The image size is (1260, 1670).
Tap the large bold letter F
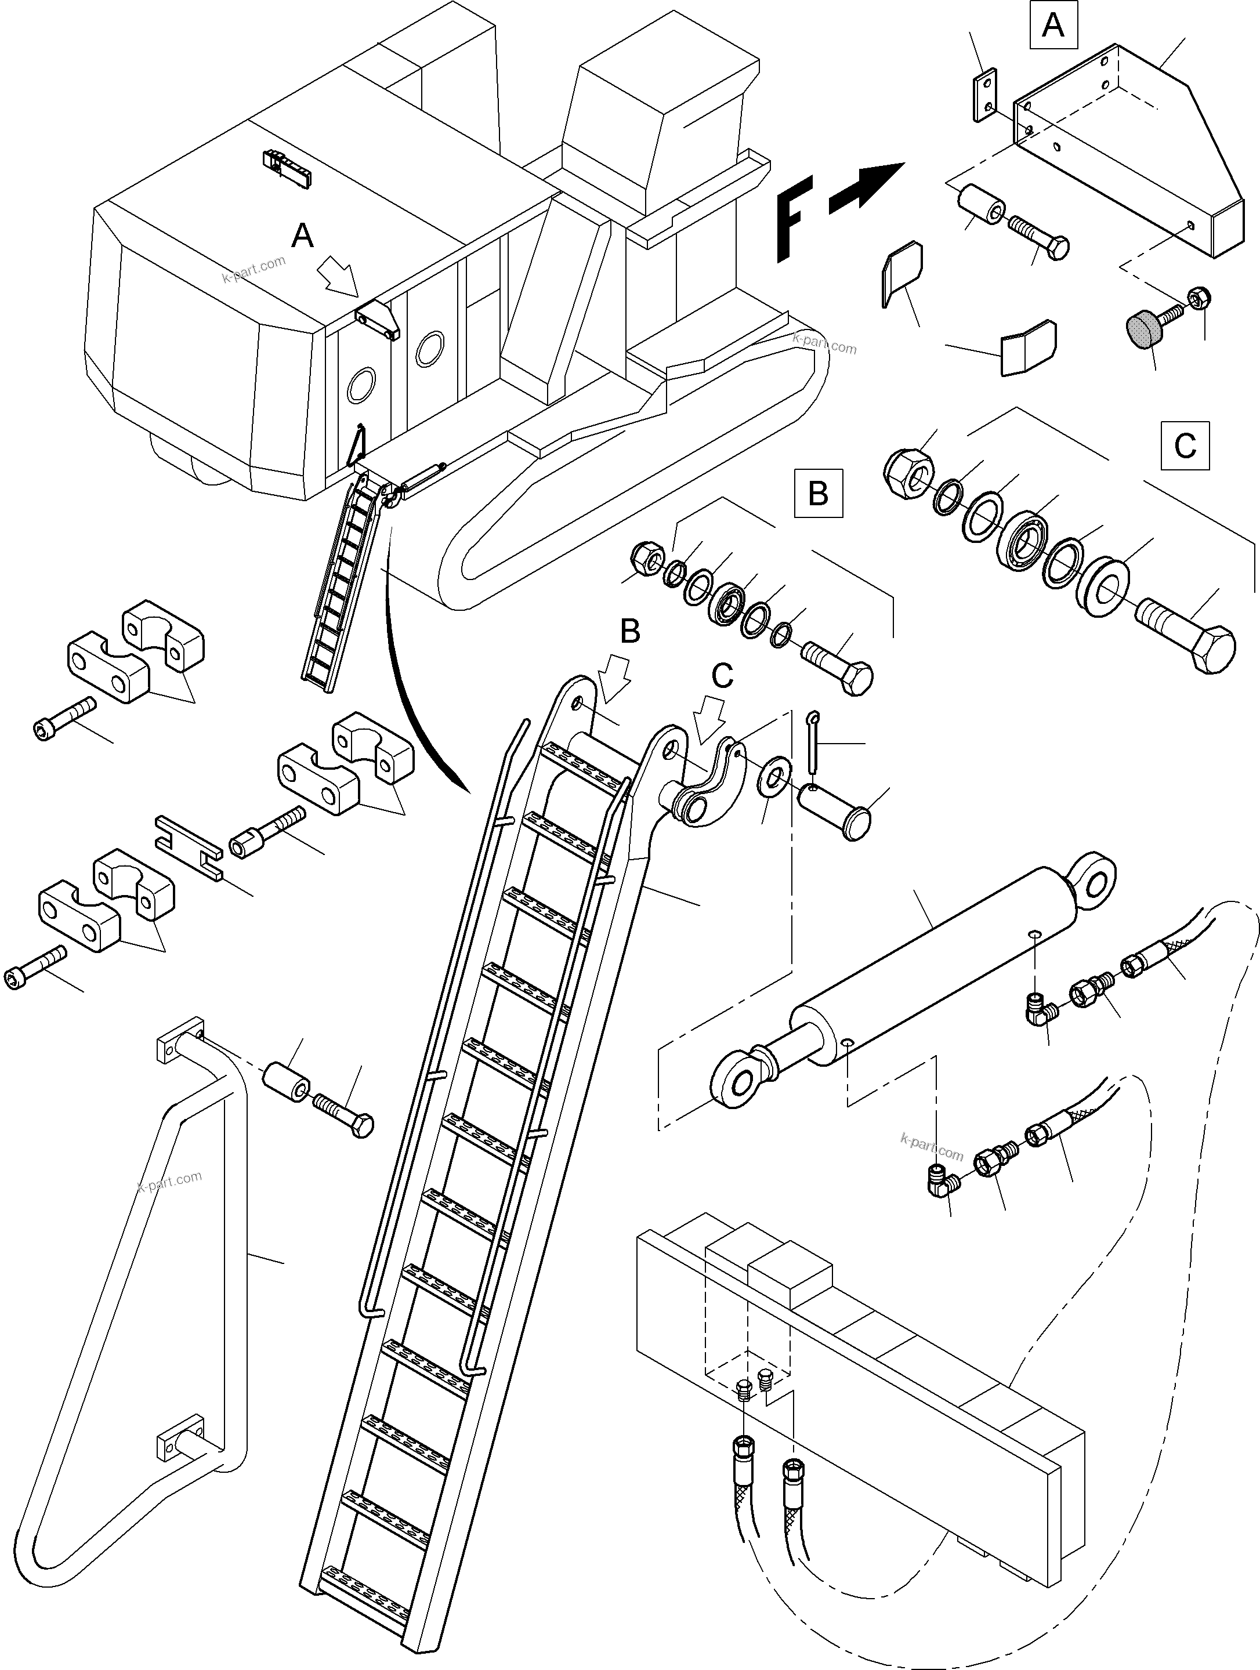pos(795,219)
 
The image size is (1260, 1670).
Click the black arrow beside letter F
pos(867,186)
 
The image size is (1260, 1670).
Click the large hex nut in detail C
pos(909,474)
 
